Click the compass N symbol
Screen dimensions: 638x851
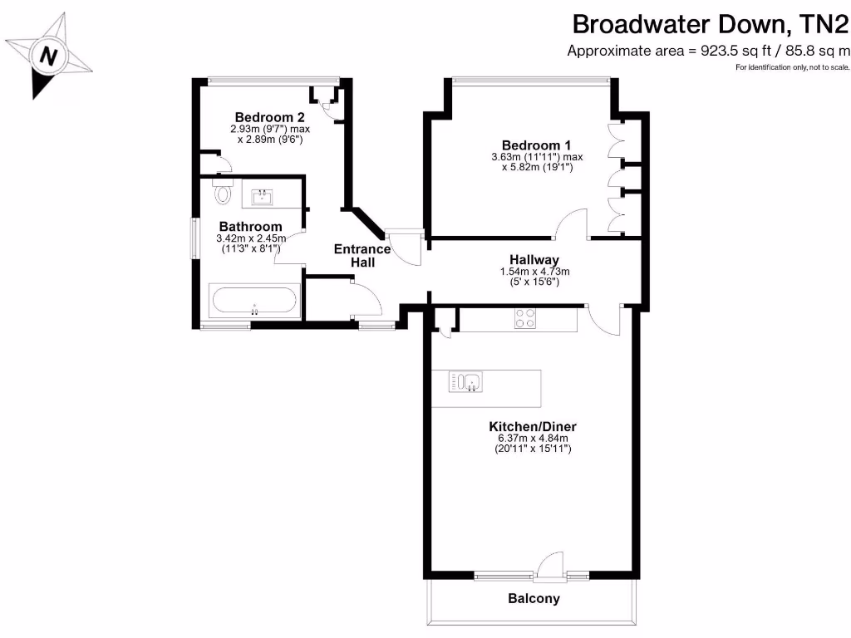[x=48, y=57]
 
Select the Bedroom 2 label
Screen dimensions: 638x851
[x=265, y=116]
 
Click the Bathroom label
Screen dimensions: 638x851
[x=250, y=226]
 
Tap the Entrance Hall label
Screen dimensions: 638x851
[x=362, y=255]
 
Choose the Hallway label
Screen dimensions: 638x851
[x=534, y=259]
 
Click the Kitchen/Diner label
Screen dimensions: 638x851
[x=532, y=426]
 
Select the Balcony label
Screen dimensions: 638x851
[x=534, y=598]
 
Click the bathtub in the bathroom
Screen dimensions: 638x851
[x=254, y=301]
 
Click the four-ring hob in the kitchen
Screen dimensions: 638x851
[x=525, y=319]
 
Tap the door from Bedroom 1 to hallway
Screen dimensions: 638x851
[x=572, y=223]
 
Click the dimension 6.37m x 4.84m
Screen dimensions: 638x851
[x=532, y=439]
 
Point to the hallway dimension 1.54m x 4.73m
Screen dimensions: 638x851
[x=534, y=272]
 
